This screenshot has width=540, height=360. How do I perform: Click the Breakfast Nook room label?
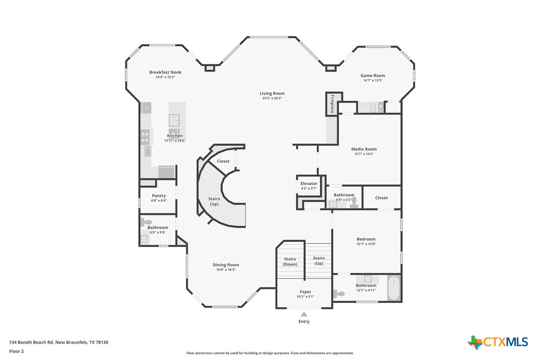165,72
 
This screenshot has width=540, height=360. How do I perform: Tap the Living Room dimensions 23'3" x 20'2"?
272,98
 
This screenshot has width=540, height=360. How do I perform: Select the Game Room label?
372,76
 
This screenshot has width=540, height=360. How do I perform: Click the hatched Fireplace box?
334,104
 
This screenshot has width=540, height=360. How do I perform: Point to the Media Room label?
363,149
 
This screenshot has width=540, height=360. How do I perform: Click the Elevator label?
309,183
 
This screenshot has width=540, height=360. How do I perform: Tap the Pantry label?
159,196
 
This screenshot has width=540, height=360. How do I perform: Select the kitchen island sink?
174,120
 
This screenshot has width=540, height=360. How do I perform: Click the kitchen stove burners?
145,137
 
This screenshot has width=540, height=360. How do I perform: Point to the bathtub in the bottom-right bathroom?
394,288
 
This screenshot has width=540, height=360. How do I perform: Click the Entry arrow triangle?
304,314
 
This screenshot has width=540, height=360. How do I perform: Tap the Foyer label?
305,292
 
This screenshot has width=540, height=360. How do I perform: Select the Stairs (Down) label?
290,262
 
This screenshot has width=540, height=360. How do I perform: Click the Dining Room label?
226,265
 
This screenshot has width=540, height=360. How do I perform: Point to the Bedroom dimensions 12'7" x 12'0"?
366,244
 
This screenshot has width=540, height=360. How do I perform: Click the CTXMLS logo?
497,342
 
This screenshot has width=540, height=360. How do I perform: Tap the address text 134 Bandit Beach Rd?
31,342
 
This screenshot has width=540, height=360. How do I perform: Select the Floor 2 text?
16,352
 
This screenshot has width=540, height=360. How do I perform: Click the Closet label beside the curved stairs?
223,161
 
